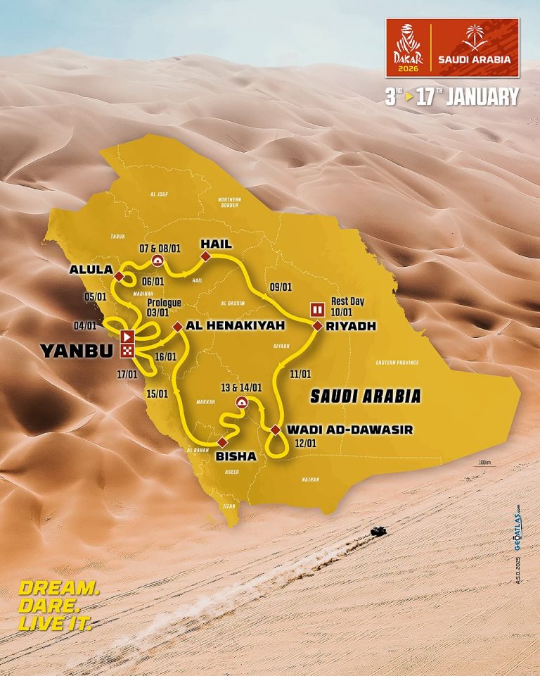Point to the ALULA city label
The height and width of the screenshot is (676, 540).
click(89, 270)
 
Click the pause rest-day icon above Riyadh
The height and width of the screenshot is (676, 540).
click(317, 309)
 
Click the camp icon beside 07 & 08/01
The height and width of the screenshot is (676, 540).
click(158, 261)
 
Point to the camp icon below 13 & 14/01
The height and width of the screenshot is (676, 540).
click(242, 403)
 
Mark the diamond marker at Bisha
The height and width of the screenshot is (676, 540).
click(222, 442)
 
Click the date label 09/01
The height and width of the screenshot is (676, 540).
click(281, 287)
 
